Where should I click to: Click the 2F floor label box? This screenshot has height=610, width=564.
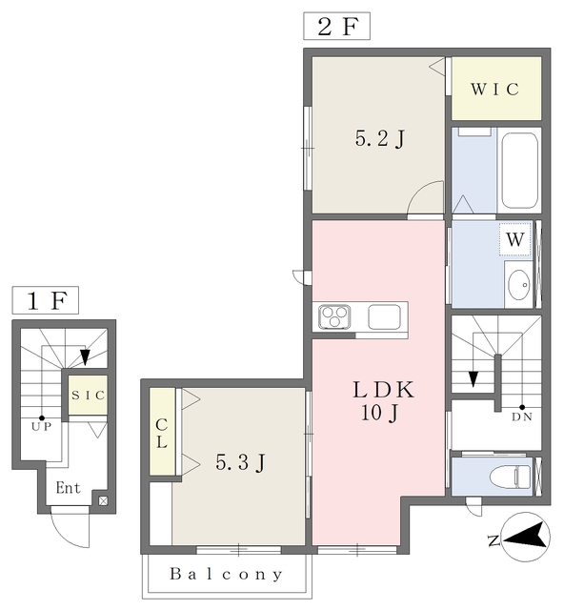click(336, 26)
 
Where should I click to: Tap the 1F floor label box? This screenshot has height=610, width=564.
click(46, 300)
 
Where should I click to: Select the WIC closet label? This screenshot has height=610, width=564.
click(495, 89)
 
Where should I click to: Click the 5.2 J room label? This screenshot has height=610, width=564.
click(380, 138)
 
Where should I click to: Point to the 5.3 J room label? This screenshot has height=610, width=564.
click(241, 462)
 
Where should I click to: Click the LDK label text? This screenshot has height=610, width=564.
click(384, 390)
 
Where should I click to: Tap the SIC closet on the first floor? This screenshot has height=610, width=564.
click(89, 395)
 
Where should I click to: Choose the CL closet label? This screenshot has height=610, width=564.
click(162, 433)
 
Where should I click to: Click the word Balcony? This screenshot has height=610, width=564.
click(227, 574)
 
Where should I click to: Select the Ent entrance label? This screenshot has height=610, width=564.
click(68, 487)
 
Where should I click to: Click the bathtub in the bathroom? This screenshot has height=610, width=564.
click(519, 171)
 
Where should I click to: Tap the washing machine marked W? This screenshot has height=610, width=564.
click(515, 239)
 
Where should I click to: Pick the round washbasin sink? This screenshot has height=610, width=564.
click(519, 285)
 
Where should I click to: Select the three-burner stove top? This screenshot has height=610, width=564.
click(334, 316)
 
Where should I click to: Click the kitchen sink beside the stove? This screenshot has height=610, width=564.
click(384, 316)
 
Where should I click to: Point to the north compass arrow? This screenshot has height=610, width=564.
click(524, 536)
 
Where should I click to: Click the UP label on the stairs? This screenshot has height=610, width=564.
click(42, 427)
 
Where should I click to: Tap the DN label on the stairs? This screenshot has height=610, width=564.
click(522, 417)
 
